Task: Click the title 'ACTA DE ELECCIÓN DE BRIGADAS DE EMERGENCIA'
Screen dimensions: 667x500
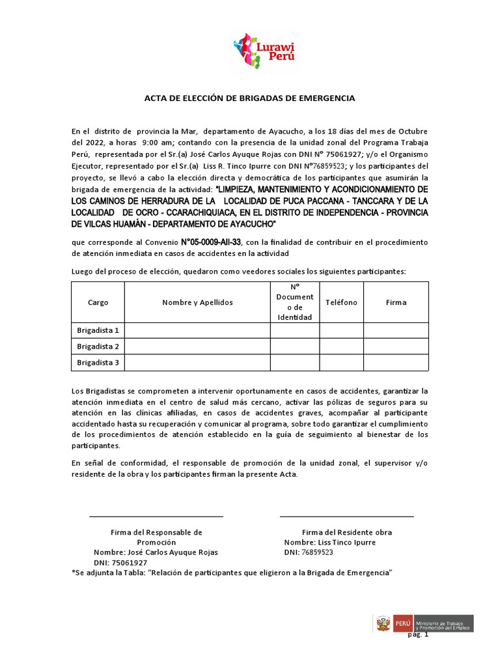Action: coord(249,98)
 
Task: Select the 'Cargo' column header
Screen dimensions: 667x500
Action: coord(98,302)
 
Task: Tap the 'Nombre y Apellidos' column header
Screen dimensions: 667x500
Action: coord(197,302)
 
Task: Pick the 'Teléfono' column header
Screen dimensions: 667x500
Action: coord(341,302)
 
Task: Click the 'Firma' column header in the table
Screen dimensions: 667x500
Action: coord(396,302)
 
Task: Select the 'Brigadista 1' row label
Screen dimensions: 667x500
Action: coord(98,330)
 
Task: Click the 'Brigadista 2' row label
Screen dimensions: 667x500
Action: coord(98,347)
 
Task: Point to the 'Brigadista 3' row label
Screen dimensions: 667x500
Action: coord(98,363)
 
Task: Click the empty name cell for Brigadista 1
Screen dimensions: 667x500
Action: coord(197,330)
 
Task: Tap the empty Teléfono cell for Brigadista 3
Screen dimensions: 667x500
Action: coord(341,363)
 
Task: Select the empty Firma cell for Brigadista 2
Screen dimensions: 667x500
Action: coord(396,347)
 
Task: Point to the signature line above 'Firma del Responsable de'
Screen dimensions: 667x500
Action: coord(156,517)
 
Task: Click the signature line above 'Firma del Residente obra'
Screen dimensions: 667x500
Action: coord(346,517)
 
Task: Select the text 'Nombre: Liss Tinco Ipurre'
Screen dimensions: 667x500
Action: coord(329,542)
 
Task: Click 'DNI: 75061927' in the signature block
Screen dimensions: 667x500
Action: coord(120,562)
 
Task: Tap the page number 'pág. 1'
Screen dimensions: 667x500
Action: coord(417,635)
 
